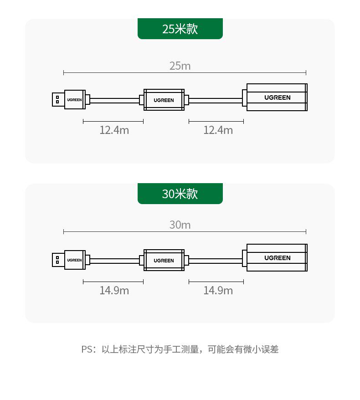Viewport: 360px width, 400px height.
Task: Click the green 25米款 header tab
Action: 180,29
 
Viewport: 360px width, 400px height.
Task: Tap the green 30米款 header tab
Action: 180,194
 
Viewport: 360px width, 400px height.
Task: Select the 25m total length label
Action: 180,66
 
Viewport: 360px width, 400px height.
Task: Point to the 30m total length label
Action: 180,225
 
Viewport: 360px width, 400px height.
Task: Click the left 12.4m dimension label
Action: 114,130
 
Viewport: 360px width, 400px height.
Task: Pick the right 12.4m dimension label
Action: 218,130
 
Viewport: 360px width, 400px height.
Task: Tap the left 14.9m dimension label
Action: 114,291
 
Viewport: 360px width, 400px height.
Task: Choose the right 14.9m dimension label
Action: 218,291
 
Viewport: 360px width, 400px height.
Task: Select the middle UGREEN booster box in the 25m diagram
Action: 164,99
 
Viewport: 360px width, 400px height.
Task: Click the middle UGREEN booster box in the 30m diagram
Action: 164,260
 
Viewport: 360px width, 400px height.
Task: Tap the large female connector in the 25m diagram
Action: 277,97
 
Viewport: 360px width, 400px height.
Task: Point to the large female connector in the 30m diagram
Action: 277,257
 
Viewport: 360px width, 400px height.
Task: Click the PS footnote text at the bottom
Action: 180,349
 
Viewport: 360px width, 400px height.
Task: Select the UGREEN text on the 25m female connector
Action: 277,97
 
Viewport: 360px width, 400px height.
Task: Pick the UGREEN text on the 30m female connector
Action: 277,258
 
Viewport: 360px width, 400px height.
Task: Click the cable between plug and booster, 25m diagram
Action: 114,100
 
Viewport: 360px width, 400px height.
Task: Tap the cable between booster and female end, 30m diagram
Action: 215,261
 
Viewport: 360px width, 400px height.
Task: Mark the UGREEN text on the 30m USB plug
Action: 74,260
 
